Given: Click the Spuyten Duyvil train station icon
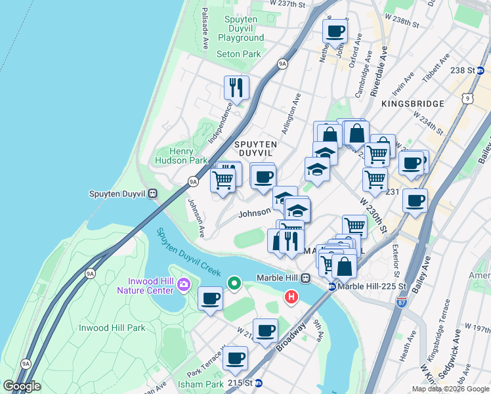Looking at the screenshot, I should point(152,194).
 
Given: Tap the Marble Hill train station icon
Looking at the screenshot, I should point(305,278).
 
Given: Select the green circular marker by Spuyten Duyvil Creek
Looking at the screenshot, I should point(234,284).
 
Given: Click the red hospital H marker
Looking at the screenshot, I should point(291,297).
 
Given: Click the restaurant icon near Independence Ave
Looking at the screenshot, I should point(236,87).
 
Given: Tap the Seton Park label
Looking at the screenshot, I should point(239,55).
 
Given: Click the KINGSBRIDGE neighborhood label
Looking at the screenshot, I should point(412,104).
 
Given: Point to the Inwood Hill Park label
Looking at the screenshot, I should point(112,328).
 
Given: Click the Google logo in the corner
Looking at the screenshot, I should point(22,386).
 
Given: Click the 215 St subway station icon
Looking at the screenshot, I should point(259,383).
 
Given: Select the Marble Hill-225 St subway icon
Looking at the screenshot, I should point(332,287).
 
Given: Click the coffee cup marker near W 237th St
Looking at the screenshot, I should point(335,31).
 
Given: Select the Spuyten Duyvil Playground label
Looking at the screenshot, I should point(241,29).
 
